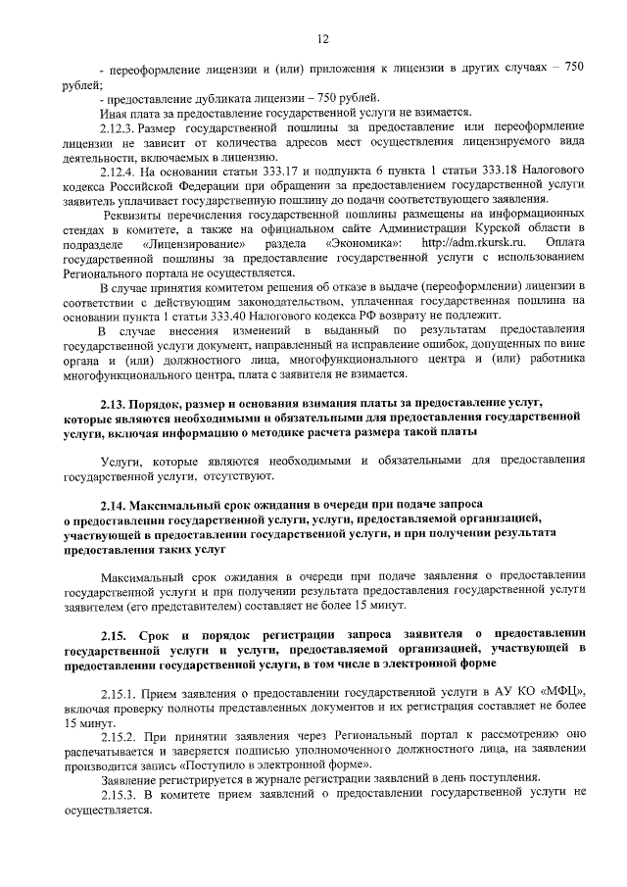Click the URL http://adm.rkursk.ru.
tap(471, 242)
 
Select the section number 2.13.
tap(119, 403)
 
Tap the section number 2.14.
tap(119, 502)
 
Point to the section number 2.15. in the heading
tap(121, 636)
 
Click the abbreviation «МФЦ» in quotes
tap(563, 693)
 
